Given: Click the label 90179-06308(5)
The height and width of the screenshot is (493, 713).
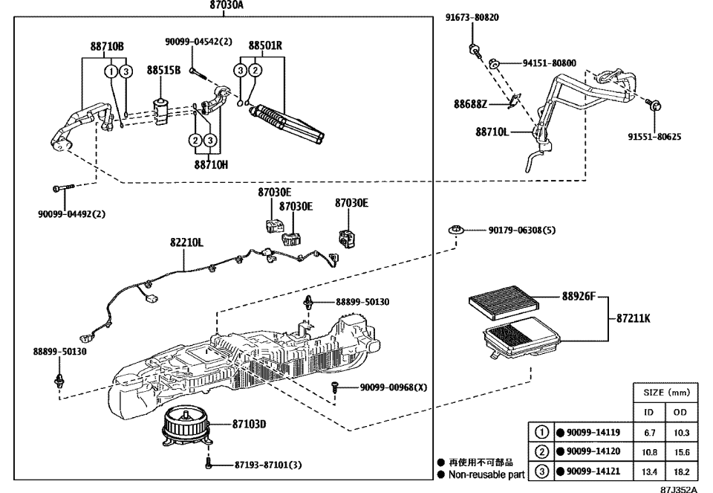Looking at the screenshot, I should (521, 231).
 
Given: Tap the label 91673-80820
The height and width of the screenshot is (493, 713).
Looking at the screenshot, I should (472, 17).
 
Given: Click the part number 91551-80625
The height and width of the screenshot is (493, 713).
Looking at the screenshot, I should (654, 137).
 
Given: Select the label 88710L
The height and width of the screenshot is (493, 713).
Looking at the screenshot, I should (493, 132).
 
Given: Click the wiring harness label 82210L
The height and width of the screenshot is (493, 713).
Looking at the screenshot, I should (186, 242).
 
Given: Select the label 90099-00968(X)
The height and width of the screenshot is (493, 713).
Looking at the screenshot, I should (394, 387).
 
